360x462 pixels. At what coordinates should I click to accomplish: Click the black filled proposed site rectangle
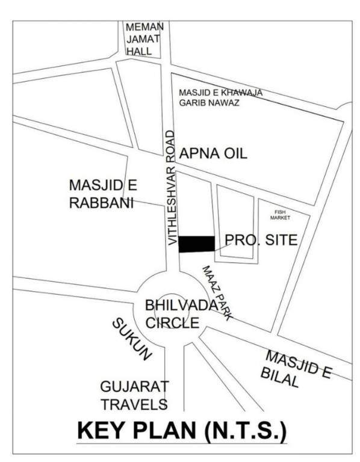tap(197, 242)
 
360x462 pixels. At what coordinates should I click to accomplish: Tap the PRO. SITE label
tap(261, 241)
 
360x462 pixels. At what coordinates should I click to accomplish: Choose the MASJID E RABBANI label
tap(101, 193)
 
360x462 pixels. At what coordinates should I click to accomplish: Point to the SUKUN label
tap(129, 339)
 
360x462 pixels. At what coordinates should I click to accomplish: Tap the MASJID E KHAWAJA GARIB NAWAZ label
tap(221, 97)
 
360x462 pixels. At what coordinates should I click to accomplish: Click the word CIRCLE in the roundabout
tap(173, 322)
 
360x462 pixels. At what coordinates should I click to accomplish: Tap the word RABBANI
tap(101, 203)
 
